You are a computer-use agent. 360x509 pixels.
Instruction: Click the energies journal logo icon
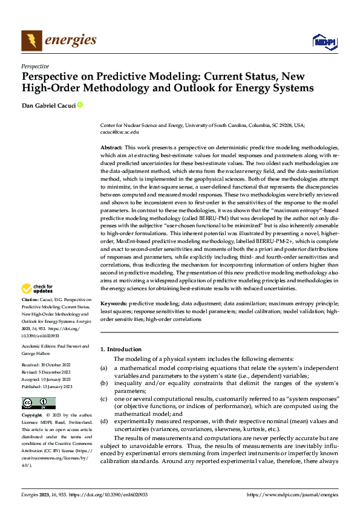[x=32, y=41]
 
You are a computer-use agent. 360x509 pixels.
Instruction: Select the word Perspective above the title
[x=35, y=66]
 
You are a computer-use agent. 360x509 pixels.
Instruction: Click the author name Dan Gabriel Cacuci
[x=48, y=105]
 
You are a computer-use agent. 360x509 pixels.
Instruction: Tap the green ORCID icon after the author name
[x=80, y=105]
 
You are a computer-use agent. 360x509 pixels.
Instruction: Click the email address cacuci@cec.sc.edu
[x=119, y=131]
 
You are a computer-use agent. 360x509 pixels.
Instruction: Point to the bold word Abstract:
[x=111, y=148]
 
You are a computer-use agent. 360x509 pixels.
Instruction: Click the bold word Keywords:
[x=114, y=304]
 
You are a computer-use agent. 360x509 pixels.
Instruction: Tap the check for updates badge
[x=38, y=289]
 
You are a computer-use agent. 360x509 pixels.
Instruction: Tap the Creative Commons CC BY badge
[x=38, y=403]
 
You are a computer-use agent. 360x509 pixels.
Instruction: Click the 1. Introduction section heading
[x=121, y=349]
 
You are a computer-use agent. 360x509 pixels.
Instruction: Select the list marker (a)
[x=103, y=368]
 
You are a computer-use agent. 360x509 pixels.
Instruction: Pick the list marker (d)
[x=103, y=421]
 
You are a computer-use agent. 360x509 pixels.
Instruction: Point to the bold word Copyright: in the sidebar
[x=32, y=416]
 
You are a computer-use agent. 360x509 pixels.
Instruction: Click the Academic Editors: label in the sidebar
[x=39, y=346]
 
